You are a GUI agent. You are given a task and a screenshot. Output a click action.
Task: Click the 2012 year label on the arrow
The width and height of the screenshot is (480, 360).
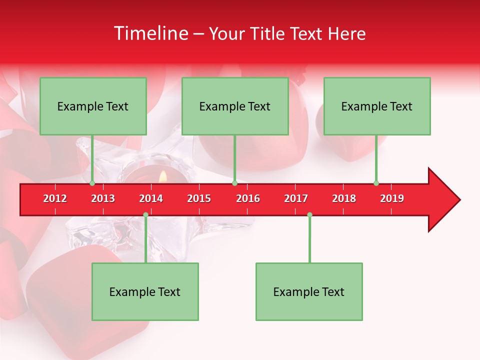click(x=55, y=198)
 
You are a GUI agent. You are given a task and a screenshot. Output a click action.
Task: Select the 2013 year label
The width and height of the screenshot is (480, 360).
click(x=103, y=198)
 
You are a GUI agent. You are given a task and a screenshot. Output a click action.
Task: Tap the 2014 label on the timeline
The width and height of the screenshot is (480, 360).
click(x=151, y=198)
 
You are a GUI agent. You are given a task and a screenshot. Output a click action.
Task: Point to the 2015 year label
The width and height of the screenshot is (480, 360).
click(x=199, y=198)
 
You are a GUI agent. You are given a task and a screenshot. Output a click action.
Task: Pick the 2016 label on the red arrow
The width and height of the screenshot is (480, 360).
click(x=248, y=198)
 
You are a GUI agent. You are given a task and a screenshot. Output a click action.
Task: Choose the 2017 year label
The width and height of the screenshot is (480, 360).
click(x=296, y=198)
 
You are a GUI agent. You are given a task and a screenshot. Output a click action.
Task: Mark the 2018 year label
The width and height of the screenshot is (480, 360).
click(x=344, y=198)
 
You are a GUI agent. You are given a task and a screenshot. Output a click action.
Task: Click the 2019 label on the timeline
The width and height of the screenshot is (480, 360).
click(x=392, y=198)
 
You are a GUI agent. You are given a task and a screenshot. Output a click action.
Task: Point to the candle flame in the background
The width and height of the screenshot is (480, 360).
click(x=162, y=176)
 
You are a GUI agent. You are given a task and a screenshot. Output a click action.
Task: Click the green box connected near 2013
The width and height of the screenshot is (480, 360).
click(x=93, y=106)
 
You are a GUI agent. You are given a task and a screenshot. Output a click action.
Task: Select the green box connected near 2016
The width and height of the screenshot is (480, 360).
click(x=235, y=106)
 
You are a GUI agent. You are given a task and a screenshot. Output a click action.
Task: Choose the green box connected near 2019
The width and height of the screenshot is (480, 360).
click(x=377, y=106)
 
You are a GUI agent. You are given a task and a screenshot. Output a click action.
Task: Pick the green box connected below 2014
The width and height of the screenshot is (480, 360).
click(x=145, y=291)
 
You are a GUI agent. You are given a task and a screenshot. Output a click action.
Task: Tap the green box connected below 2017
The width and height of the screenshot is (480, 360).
click(x=309, y=291)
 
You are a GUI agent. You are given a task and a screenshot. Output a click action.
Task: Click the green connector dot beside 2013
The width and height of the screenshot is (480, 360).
click(x=92, y=183)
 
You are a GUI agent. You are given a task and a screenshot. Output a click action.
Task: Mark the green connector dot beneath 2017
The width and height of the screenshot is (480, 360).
click(x=309, y=215)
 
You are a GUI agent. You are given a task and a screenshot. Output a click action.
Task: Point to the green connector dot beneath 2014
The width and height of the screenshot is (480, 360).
click(x=145, y=215)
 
